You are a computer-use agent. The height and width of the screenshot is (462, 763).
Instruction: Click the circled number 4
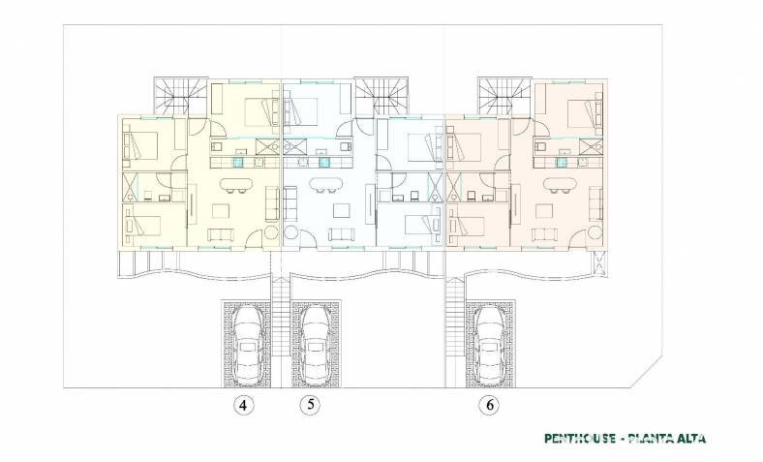pyautogui.click(x=243, y=405)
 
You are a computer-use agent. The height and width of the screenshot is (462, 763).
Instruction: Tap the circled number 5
pyautogui.click(x=311, y=404)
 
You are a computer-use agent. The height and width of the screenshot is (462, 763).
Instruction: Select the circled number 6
pyautogui.click(x=489, y=405)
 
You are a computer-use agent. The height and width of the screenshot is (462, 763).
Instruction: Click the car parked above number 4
pyautogui.click(x=248, y=344)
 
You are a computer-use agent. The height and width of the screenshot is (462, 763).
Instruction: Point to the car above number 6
pyautogui.click(x=491, y=344)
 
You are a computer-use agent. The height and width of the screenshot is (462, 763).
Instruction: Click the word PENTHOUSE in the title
pyautogui.click(x=580, y=439)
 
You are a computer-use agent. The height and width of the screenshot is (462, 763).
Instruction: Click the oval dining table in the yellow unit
pyautogui.click(x=236, y=184)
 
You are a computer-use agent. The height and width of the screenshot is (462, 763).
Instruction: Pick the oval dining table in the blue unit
pyautogui.click(x=326, y=184)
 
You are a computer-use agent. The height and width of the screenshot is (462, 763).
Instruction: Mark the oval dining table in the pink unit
pyautogui.click(x=560, y=184)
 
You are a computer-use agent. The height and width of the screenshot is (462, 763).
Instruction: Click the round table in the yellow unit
pyautogui.click(x=271, y=232)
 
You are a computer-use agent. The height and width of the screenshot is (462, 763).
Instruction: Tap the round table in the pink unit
pyautogui.click(x=594, y=232)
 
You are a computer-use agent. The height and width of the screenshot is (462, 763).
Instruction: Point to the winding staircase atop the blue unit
pyautogui.click(x=381, y=96)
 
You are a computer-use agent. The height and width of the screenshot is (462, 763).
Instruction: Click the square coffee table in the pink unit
pyautogui.click(x=544, y=210)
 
